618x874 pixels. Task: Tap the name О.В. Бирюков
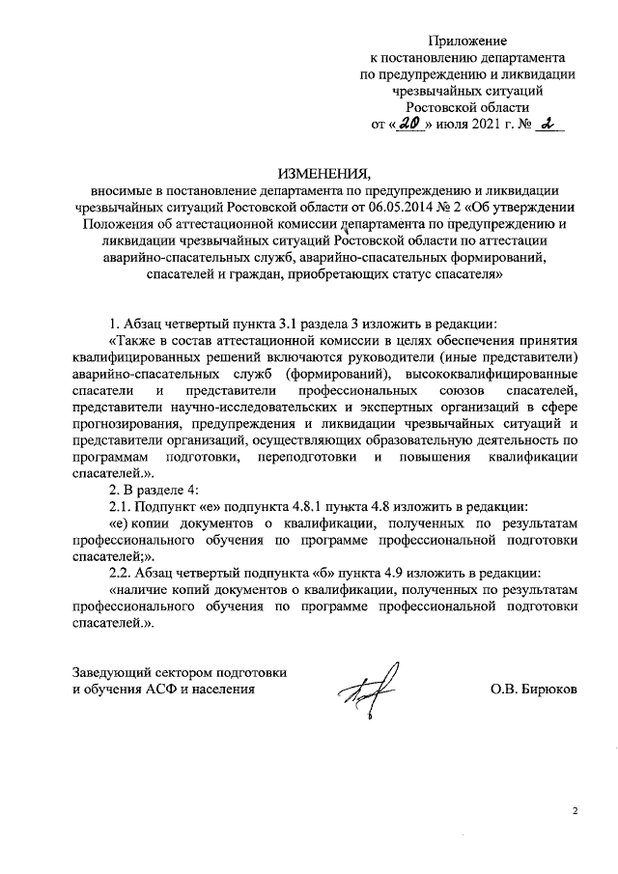[x=534, y=691]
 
